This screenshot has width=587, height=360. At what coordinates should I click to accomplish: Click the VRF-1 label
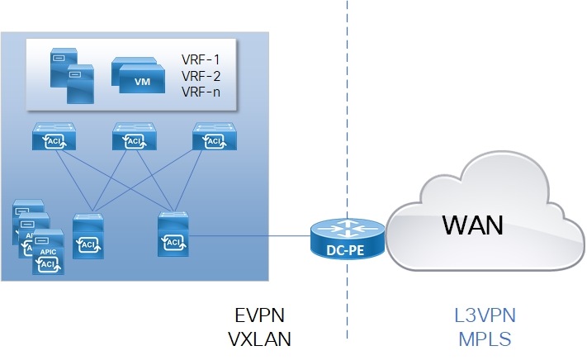[x=200, y=60]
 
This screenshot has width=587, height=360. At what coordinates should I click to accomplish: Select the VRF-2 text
[x=200, y=75]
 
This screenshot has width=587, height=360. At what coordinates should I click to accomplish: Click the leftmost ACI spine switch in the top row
[x=53, y=138]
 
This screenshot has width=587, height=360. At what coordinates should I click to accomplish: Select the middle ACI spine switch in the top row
[x=133, y=138]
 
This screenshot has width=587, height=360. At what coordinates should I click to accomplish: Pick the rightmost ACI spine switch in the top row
[x=213, y=138]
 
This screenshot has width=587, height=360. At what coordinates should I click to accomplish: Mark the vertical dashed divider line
[x=347, y=124]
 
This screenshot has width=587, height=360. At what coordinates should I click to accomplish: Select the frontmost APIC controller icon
[x=48, y=258]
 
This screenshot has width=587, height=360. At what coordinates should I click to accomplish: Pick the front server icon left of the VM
[x=79, y=83]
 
